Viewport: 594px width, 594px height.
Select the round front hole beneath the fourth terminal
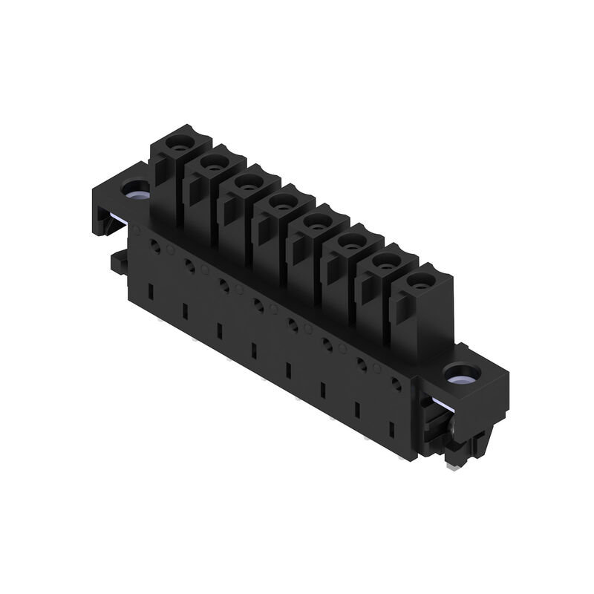click(258, 303)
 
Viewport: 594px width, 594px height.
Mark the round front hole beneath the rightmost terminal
click(396, 385)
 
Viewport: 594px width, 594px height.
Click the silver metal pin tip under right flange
click(451, 466)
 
